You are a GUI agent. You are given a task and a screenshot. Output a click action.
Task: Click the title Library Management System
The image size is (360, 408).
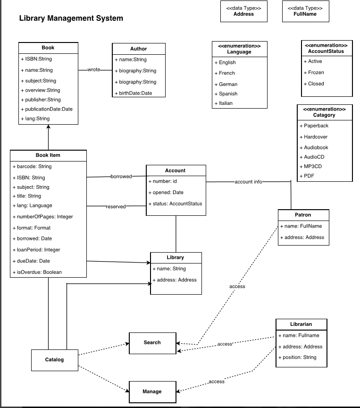[x=71, y=18]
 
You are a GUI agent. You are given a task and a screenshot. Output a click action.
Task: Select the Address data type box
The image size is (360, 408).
[x=243, y=11]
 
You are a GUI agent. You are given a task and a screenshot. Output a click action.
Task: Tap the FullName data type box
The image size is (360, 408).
[x=305, y=11]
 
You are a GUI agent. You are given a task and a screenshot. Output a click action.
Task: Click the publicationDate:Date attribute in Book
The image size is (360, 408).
[x=49, y=109]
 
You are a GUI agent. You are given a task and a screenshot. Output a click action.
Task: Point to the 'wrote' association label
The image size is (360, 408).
[x=94, y=70]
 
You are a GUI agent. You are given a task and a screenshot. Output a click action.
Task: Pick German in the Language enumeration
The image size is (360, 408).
[x=228, y=84]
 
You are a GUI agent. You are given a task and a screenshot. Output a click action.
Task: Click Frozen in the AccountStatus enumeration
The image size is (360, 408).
[x=316, y=73]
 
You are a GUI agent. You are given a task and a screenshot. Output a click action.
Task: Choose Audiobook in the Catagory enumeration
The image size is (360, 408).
[x=316, y=148]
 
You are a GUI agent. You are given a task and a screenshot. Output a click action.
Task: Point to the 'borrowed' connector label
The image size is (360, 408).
[x=121, y=177]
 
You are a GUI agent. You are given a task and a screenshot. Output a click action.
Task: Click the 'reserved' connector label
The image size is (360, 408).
[x=116, y=206]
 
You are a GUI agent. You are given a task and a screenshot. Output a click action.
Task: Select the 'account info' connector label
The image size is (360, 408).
[x=248, y=182]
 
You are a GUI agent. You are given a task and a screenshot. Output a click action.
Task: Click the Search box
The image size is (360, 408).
[x=152, y=342]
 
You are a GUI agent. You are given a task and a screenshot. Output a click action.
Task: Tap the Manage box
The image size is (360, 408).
[x=152, y=391]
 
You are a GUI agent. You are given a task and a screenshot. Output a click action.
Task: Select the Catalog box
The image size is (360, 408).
[x=54, y=360]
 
